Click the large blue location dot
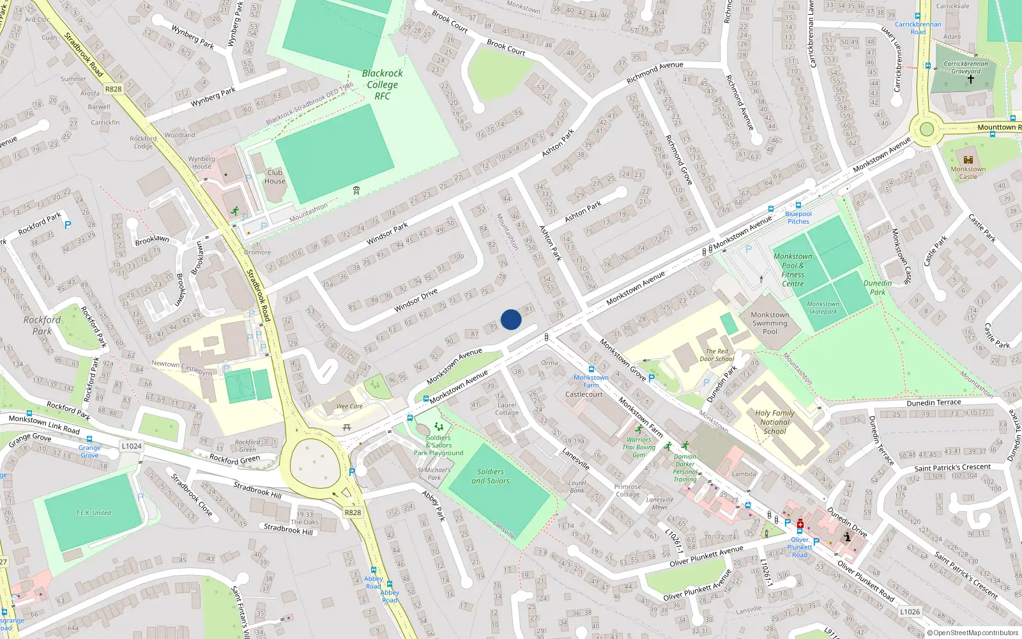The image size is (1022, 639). click(511, 319)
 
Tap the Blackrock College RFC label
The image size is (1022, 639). click(382, 84)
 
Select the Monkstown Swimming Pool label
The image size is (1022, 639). click(770, 323)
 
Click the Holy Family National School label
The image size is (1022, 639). click(775, 422)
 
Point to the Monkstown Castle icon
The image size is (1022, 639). click(968, 160)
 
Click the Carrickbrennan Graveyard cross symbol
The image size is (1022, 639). click(970, 80)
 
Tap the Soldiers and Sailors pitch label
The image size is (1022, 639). click(491, 476)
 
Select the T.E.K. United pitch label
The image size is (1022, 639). click(93, 513)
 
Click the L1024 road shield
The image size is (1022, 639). click(132, 446)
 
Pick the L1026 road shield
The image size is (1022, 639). click(910, 612)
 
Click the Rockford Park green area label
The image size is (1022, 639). click(42, 325)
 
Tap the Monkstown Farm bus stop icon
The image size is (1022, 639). click(591, 369)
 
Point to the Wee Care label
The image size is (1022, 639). click(349, 406)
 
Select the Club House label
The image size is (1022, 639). click(275, 177)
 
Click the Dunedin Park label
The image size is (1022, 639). click(878, 288)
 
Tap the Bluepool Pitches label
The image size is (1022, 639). click(798, 218)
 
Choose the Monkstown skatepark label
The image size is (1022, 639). click(823, 308)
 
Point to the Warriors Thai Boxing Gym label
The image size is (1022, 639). click(639, 447)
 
